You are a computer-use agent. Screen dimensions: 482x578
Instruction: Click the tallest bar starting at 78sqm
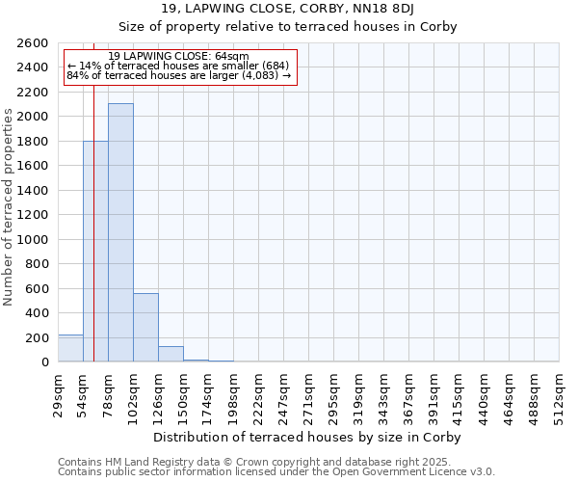(x=120, y=232)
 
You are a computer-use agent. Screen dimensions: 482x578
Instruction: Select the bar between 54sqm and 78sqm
(x=95, y=251)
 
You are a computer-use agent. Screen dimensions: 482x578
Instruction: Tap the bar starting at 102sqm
(x=145, y=328)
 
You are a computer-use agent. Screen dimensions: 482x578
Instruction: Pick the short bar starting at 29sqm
(x=70, y=348)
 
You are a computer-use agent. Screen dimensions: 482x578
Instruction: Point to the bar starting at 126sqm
(x=171, y=354)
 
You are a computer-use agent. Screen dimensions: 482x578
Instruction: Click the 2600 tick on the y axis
(x=34, y=43)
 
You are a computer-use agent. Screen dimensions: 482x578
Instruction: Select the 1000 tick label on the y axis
(x=34, y=240)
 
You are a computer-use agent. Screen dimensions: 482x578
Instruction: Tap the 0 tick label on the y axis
(x=44, y=362)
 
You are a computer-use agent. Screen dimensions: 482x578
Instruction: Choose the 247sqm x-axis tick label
(x=284, y=394)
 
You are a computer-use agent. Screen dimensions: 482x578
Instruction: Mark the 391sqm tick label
(x=434, y=394)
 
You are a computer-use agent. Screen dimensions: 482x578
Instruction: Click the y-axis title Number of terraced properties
(x=9, y=207)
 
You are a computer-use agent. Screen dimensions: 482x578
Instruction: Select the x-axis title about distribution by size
(x=308, y=438)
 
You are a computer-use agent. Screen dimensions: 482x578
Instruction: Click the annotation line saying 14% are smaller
(x=178, y=66)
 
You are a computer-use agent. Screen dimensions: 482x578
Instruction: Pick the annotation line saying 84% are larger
(x=178, y=75)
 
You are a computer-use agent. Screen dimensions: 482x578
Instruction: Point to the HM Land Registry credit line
(x=276, y=462)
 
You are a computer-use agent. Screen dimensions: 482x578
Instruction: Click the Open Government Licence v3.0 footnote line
(x=276, y=472)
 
